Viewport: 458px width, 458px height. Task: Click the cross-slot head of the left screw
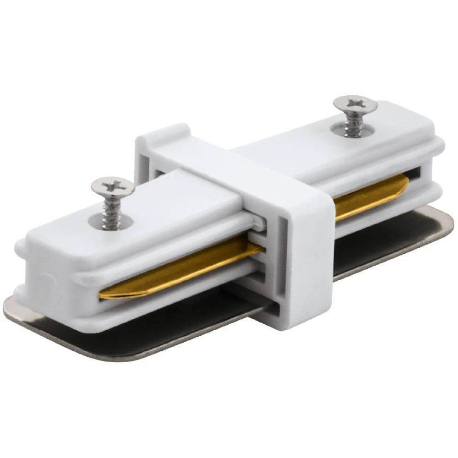(112, 186)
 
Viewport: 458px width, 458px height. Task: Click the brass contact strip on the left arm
(183, 266)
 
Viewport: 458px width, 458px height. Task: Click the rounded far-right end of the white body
(440, 151)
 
